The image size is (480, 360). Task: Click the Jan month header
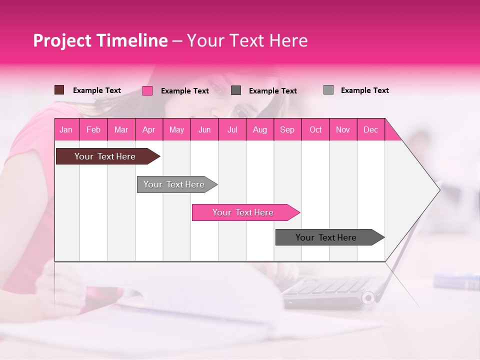click(x=66, y=129)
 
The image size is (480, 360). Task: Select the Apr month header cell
click(x=148, y=129)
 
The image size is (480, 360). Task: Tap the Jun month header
click(x=204, y=129)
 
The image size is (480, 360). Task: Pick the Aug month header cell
click(x=259, y=129)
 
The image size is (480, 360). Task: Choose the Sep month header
click(x=287, y=129)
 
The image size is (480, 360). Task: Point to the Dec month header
click(x=370, y=129)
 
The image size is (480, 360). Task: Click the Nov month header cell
click(x=342, y=129)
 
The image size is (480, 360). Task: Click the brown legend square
click(x=59, y=90)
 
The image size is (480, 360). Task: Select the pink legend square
click(x=147, y=90)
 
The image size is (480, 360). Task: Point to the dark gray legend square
click(x=236, y=90)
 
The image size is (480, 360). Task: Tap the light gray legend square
click(x=328, y=90)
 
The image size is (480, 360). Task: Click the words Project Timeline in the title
click(x=100, y=40)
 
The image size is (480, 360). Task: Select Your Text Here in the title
click(x=247, y=40)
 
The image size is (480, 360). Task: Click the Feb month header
click(x=93, y=129)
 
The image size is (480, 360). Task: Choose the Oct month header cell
click(x=315, y=129)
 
